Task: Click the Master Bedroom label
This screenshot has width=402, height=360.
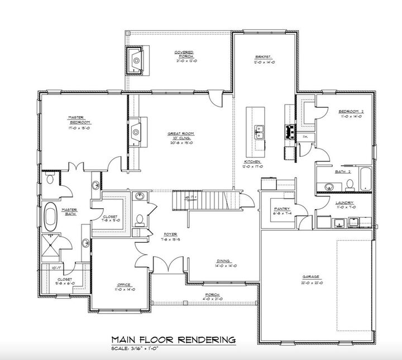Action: (x=76, y=119)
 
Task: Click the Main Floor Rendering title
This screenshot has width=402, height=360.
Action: (x=173, y=339)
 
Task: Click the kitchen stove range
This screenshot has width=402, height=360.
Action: (x=290, y=132)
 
